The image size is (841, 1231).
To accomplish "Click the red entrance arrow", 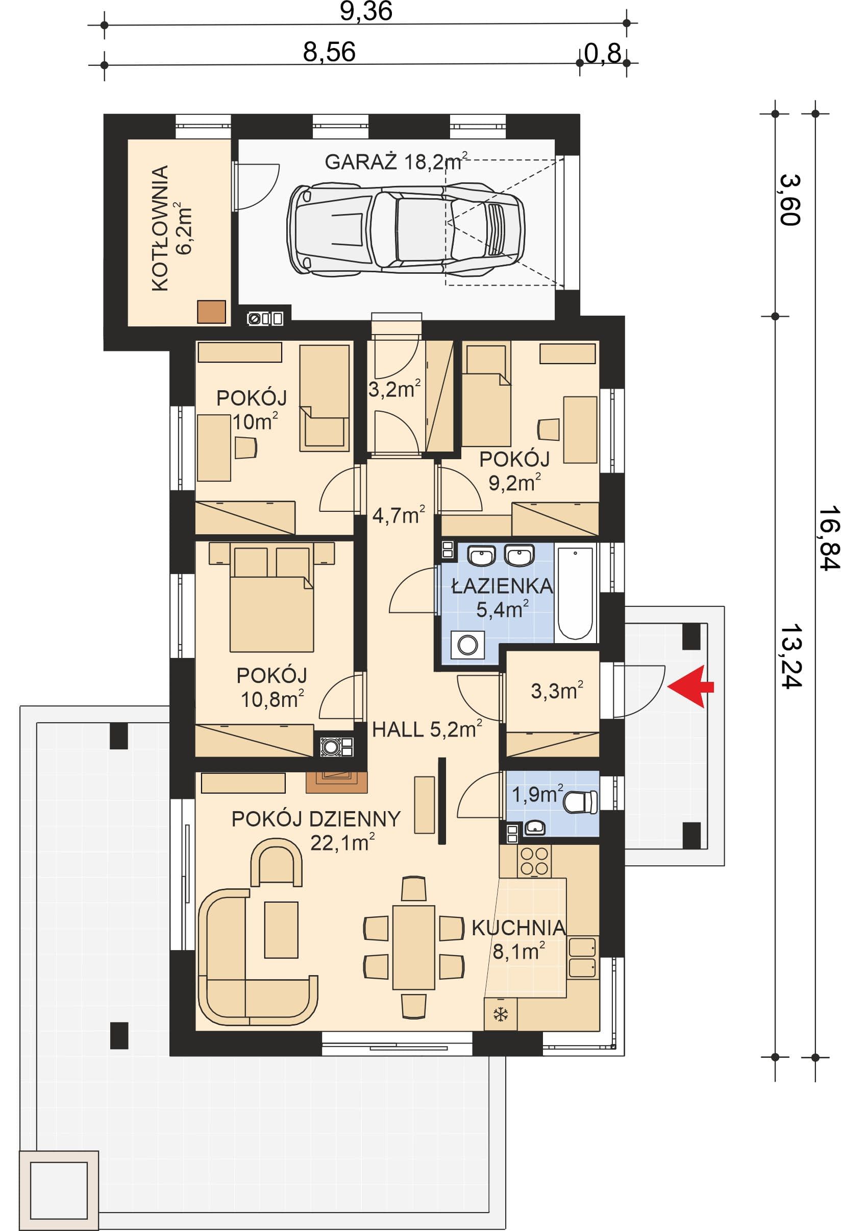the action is click(689, 687).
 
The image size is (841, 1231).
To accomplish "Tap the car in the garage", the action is click(406, 229).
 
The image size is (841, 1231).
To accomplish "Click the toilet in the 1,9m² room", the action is click(580, 801).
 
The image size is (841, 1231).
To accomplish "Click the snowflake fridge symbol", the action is click(500, 1014).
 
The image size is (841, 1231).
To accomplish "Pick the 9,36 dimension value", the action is click(366, 11).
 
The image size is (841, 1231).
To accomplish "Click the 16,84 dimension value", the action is click(829, 538).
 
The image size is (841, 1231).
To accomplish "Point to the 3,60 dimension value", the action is click(790, 200).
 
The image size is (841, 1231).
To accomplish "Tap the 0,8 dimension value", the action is click(602, 53).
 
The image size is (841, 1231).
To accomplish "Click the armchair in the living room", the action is click(276, 862).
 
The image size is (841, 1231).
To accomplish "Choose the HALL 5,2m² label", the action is click(427, 729).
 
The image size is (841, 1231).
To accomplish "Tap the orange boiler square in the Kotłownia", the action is click(211, 312).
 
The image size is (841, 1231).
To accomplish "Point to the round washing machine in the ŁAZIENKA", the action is click(467, 645).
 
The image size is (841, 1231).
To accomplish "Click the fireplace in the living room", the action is click(337, 782).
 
